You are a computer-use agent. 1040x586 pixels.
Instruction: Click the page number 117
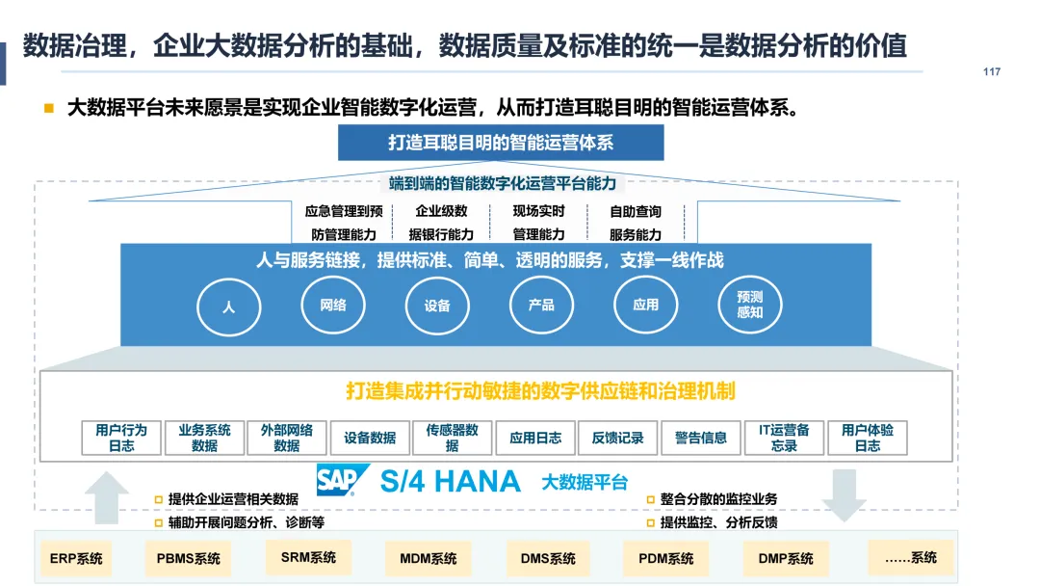pos(992,72)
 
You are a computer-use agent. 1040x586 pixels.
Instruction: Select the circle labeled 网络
pos(333,306)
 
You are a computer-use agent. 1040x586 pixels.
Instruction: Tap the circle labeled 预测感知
pos(749,305)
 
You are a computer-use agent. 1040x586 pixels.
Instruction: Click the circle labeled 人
pos(228,307)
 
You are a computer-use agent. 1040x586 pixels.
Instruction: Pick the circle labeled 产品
pos(541,306)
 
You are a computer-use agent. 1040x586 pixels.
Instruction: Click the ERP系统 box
pos(76,558)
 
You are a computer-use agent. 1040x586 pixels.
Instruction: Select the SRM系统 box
pos(308,557)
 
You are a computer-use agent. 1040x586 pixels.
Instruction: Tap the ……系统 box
pos(910,557)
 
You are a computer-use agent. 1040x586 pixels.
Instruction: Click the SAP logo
pos(343,480)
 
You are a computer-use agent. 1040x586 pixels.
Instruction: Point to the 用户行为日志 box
pos(121,438)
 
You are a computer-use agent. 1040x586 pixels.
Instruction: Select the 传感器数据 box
pos(452,438)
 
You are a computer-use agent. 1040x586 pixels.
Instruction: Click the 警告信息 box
pos(701,438)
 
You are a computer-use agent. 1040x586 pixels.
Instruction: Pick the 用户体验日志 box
pos(867,438)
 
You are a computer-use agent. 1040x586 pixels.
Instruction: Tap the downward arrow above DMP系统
pos(845,493)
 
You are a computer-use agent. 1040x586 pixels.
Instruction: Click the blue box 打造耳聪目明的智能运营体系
pos(501,143)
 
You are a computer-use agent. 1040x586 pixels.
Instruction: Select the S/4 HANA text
pos(450,481)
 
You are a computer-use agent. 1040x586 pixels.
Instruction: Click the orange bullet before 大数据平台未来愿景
pos(48,108)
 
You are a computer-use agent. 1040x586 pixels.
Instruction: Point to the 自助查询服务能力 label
pos(636,223)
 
